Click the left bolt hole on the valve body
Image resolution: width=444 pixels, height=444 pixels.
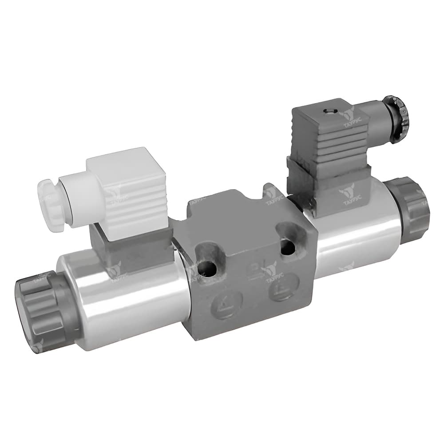tap(207, 267)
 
